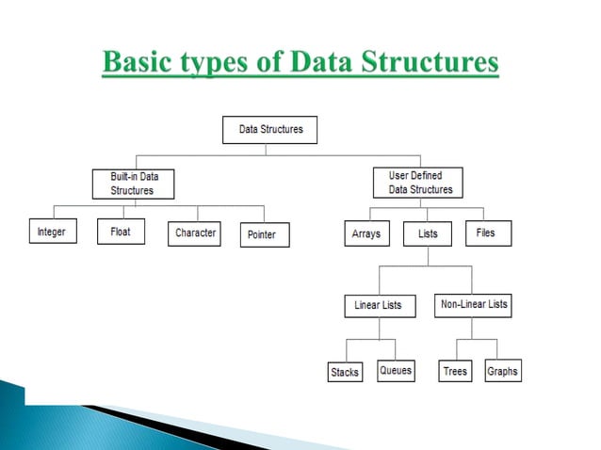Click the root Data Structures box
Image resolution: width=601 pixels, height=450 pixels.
(x=270, y=129)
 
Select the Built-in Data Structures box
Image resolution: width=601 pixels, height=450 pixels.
(x=137, y=184)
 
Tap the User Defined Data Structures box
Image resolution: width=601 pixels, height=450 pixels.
(x=420, y=183)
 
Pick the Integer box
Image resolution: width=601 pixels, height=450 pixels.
(x=52, y=232)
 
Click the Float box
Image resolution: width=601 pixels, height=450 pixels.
(x=121, y=232)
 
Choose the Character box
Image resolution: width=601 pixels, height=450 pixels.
(x=195, y=233)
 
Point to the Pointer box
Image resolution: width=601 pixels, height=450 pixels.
(x=264, y=234)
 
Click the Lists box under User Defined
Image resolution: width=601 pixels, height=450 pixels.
(x=427, y=233)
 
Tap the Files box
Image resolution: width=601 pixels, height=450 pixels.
(x=487, y=233)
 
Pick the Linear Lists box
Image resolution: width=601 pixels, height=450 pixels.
(x=379, y=306)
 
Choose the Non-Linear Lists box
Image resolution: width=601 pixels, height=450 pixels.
(x=474, y=304)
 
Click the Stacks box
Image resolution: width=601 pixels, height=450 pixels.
(x=345, y=372)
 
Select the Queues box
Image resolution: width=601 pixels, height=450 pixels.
(x=396, y=371)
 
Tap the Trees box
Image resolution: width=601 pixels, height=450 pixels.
(x=455, y=372)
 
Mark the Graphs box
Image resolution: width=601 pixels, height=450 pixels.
(x=502, y=371)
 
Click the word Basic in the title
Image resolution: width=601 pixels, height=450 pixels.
(x=138, y=64)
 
